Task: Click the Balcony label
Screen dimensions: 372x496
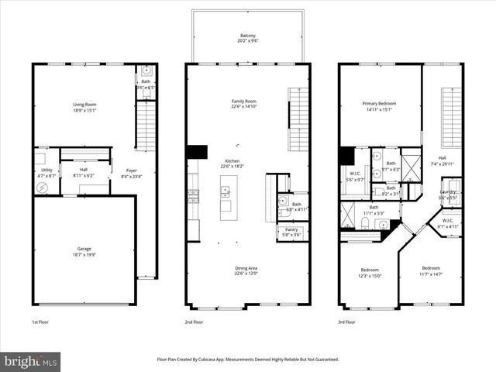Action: coord(247,36)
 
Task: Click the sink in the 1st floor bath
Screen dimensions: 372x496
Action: coord(146,70)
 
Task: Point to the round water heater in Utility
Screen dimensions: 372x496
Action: coord(43,187)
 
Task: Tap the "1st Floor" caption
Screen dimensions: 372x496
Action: coord(41,322)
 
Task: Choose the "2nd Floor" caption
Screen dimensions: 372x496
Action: coord(195,322)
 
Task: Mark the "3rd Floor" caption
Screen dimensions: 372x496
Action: coord(348,322)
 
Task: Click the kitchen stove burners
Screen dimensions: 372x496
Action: coord(193,194)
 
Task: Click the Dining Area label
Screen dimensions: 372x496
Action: coord(247,268)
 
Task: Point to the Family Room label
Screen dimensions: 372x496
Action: coord(244,102)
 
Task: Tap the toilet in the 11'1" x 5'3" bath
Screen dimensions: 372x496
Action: coord(364,223)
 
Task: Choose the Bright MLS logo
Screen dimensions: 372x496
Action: coord(31,362)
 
